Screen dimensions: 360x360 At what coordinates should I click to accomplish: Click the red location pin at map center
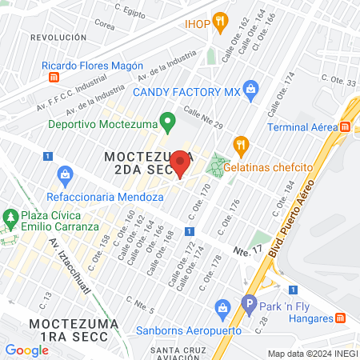[180, 163]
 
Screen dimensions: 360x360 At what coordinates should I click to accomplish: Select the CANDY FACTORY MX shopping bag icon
[251, 90]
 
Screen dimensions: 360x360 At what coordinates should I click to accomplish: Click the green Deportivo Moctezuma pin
[166, 122]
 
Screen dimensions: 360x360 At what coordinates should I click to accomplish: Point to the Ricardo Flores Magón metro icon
[54, 78]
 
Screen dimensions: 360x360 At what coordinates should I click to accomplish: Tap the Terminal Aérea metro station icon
[346, 126]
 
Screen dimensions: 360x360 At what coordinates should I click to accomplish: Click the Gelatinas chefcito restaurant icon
[238, 144]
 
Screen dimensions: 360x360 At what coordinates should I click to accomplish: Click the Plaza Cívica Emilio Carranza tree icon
[10, 218]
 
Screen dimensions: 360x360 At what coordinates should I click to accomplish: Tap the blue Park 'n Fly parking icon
[249, 305]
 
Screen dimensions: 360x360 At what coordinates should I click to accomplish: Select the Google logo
[26, 350]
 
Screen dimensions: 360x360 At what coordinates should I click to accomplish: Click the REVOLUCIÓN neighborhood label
[57, 38]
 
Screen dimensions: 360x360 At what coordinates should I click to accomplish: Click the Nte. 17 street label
[247, 250]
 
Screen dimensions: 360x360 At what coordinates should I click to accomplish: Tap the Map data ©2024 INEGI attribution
[311, 354]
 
